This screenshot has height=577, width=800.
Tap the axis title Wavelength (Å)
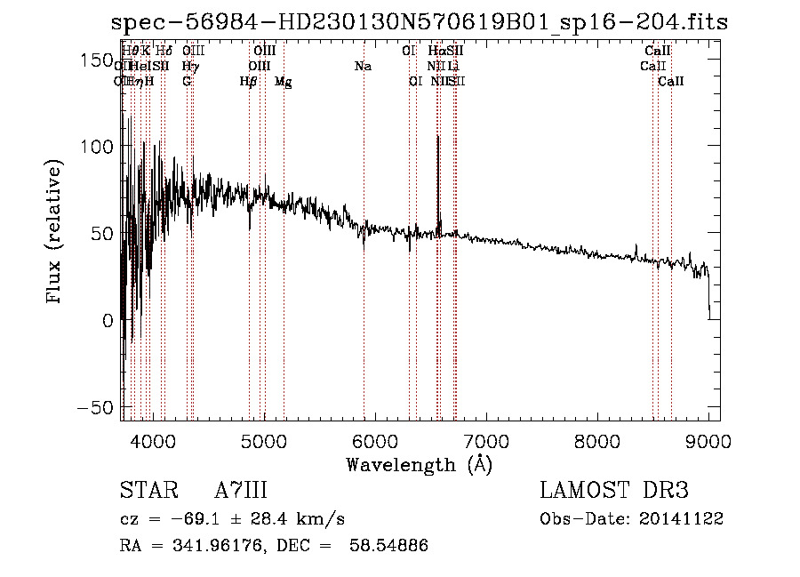[x=419, y=464]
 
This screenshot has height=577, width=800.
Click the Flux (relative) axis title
[x=55, y=233]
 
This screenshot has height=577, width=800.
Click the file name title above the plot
[x=419, y=22]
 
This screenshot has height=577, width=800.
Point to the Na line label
[x=363, y=67]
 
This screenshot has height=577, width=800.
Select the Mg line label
[x=283, y=82]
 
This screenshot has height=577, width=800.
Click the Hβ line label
[x=249, y=82]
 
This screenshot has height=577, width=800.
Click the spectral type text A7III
[x=241, y=491]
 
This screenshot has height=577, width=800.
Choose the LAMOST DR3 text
[x=613, y=491]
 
